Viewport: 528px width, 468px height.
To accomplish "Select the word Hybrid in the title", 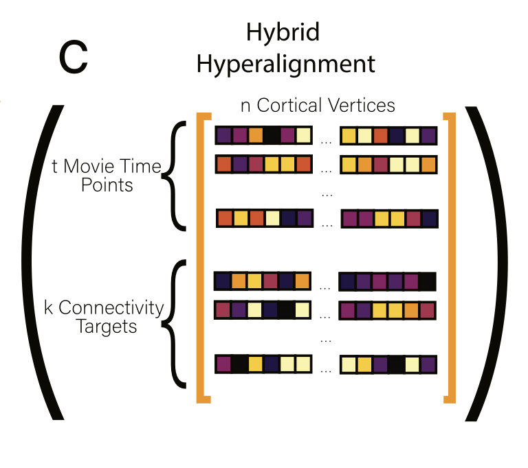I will (x=283, y=32).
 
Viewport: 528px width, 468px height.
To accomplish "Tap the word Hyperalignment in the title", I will (x=285, y=64).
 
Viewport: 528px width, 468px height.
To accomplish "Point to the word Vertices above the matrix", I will (x=360, y=105).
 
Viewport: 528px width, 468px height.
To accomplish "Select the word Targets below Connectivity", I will (x=106, y=326).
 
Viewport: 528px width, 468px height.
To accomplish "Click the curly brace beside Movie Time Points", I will (x=177, y=175).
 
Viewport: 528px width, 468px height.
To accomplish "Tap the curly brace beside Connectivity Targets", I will (x=177, y=323).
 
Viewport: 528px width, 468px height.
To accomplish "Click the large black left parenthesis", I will (x=43, y=261).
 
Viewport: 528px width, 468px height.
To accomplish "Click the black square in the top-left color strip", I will (x=272, y=135).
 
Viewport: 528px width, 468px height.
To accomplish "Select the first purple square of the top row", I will (x=224, y=135).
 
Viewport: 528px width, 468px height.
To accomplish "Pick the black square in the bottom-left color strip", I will (x=240, y=364).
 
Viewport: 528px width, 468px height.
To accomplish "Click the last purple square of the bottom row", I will (x=428, y=364).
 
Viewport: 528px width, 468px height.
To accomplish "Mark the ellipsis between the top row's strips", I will (x=327, y=138).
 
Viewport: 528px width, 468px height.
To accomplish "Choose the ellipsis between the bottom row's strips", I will (x=327, y=367).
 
